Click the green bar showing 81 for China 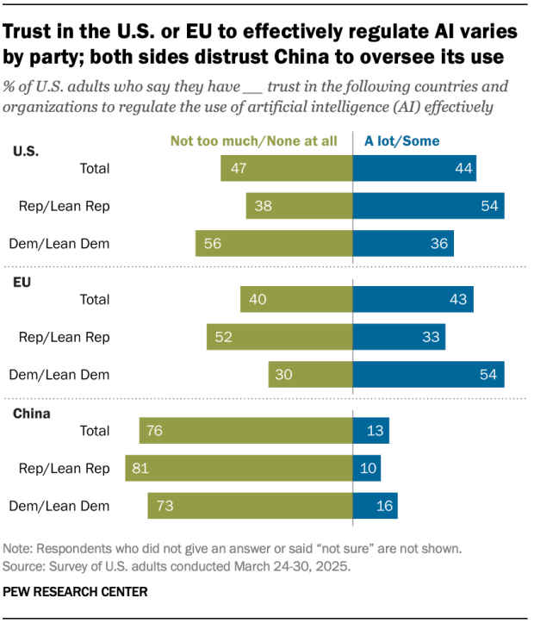coord(239,468)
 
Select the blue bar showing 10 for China coord(367,468)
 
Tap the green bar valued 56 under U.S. coord(274,244)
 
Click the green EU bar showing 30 coord(310,375)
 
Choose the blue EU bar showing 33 coord(399,337)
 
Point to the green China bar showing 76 coord(245,430)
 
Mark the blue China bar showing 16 coord(375,506)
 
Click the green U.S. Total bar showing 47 coord(286,168)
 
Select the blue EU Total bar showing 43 coord(413,299)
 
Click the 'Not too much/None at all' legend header coord(253,141)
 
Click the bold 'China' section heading coord(31,413)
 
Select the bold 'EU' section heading coord(22,282)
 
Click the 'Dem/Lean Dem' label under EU coord(71,375)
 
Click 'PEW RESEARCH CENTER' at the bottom coord(75,592)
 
